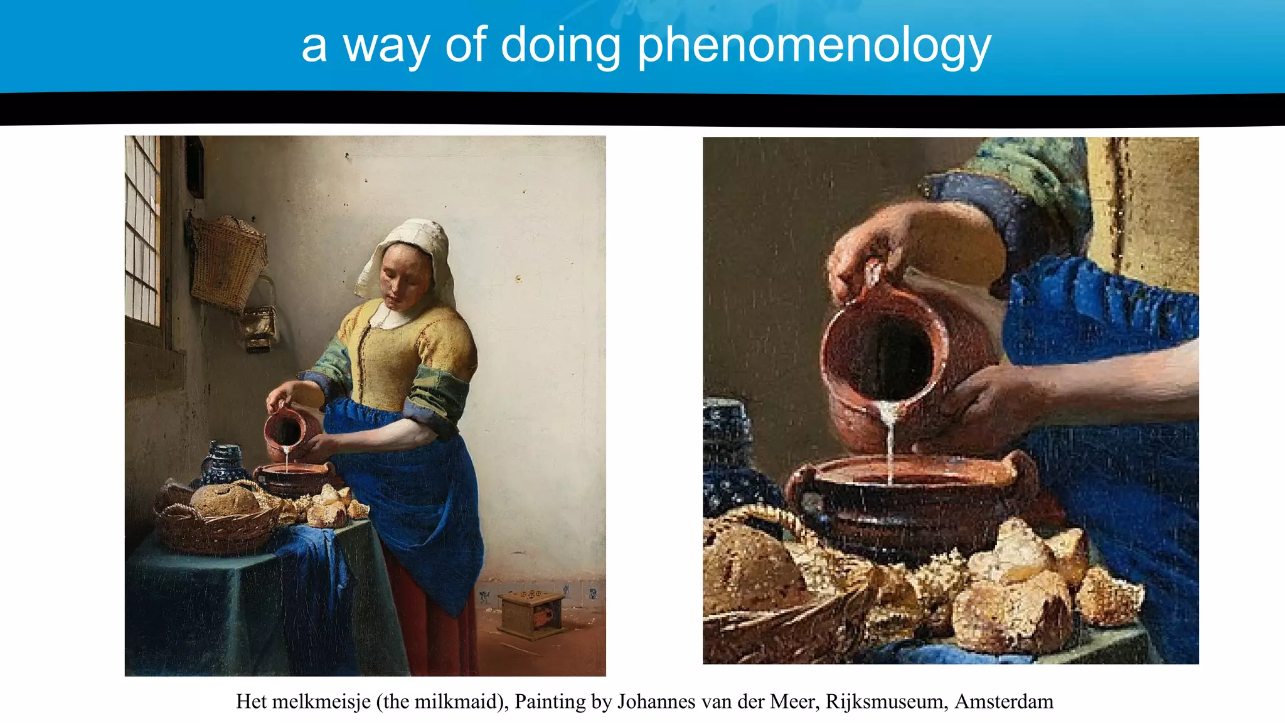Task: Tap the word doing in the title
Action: point(560,45)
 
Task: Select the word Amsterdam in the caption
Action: point(1004,702)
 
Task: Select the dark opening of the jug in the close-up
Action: point(885,358)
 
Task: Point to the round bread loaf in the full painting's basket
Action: point(224,500)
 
